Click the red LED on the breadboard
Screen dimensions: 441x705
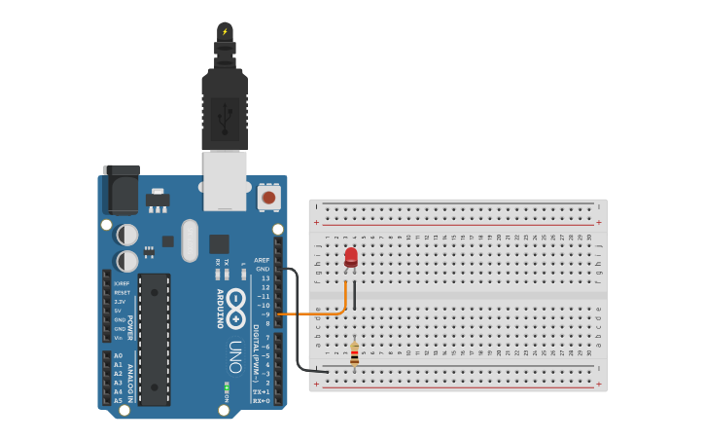click(x=351, y=257)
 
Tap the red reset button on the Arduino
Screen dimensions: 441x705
click(x=268, y=198)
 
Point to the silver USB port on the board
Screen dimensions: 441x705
click(x=225, y=181)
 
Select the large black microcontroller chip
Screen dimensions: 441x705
click(x=155, y=339)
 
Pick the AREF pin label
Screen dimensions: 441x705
click(x=262, y=260)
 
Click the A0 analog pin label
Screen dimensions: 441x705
click(x=118, y=355)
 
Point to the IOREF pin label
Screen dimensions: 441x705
click(x=122, y=283)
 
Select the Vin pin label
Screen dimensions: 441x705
click(x=119, y=337)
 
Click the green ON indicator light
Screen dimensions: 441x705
click(x=227, y=386)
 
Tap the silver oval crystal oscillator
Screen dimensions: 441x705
click(x=190, y=239)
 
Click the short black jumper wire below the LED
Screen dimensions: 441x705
click(x=355, y=295)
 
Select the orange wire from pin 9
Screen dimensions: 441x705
click(x=311, y=313)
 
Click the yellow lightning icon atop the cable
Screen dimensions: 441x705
click(x=225, y=31)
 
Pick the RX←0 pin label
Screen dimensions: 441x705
click(x=261, y=400)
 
